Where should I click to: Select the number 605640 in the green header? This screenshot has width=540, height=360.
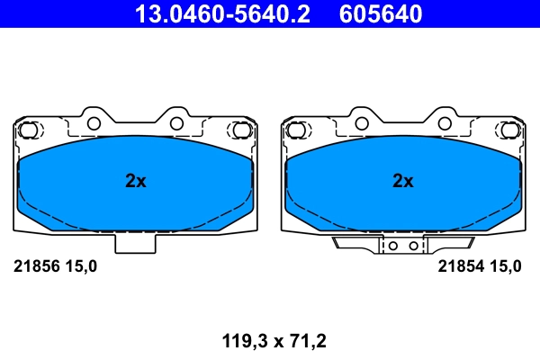(381, 13)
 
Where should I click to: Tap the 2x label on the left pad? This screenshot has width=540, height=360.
(135, 181)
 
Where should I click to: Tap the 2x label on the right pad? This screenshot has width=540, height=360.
(403, 181)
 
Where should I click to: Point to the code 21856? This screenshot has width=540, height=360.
(35, 266)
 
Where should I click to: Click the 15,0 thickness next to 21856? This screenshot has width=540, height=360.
(79, 266)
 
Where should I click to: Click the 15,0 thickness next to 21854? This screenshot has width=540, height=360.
(503, 266)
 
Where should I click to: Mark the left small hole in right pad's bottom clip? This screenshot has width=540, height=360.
(394, 244)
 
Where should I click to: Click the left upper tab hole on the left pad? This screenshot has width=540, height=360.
(93, 121)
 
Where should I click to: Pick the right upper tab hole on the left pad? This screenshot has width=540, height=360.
(176, 121)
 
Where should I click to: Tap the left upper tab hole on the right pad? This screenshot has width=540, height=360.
(361, 121)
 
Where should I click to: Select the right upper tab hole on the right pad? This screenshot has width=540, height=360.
(445, 121)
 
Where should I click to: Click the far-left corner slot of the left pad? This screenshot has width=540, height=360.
(29, 131)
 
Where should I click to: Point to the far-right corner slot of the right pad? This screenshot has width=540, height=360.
(508, 131)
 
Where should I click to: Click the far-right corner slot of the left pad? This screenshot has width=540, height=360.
(240, 131)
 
